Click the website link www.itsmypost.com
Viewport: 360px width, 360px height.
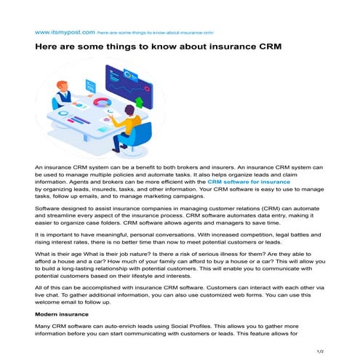point(65,32)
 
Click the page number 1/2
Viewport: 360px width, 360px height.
point(319,351)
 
